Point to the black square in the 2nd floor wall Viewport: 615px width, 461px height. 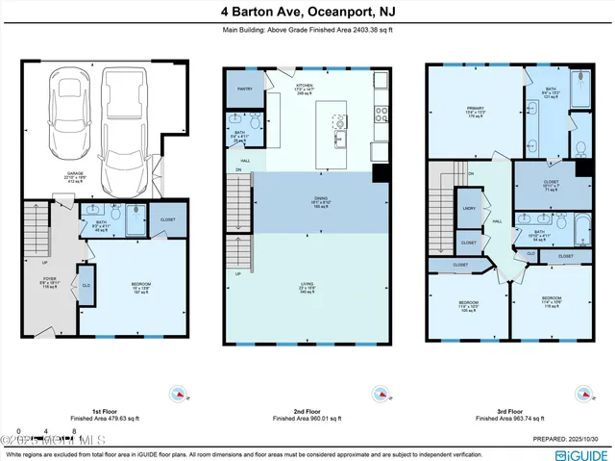pyautogui.click(x=380, y=173)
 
